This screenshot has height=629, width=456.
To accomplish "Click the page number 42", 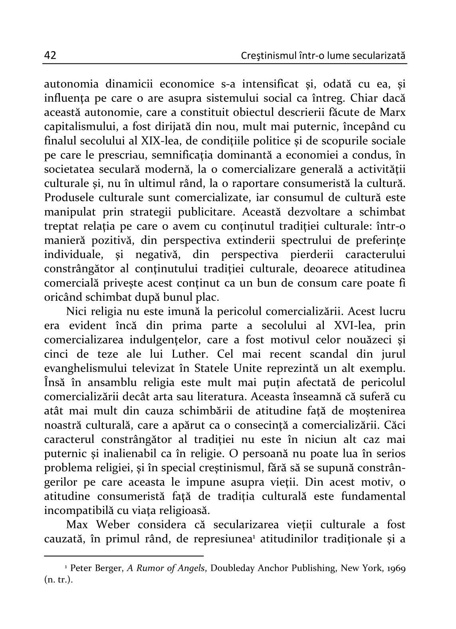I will pyautogui.click(x=50, y=55).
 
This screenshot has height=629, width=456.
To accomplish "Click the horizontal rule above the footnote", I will pyautogui.click(x=124, y=556).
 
